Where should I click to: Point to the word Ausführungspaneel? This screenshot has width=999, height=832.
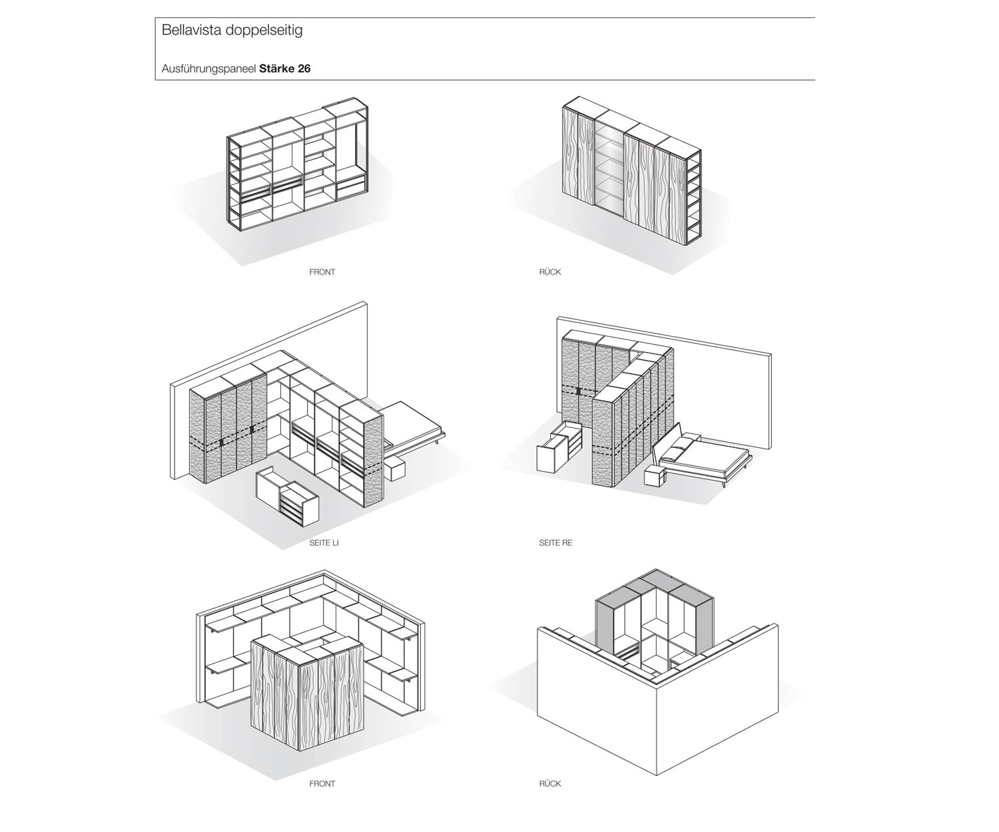tap(208, 69)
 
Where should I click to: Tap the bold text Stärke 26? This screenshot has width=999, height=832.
tap(285, 69)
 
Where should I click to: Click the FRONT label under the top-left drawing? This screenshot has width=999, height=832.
tap(322, 272)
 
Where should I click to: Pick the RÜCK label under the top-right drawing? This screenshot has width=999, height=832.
tap(550, 272)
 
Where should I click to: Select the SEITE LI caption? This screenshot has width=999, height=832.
tap(324, 543)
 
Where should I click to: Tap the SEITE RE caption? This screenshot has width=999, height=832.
tap(555, 543)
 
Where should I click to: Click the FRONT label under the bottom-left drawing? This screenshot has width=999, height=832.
tap(322, 784)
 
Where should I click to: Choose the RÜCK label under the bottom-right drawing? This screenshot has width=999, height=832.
tap(550, 784)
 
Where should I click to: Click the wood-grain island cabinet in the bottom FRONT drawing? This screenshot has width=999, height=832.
tap(306, 692)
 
